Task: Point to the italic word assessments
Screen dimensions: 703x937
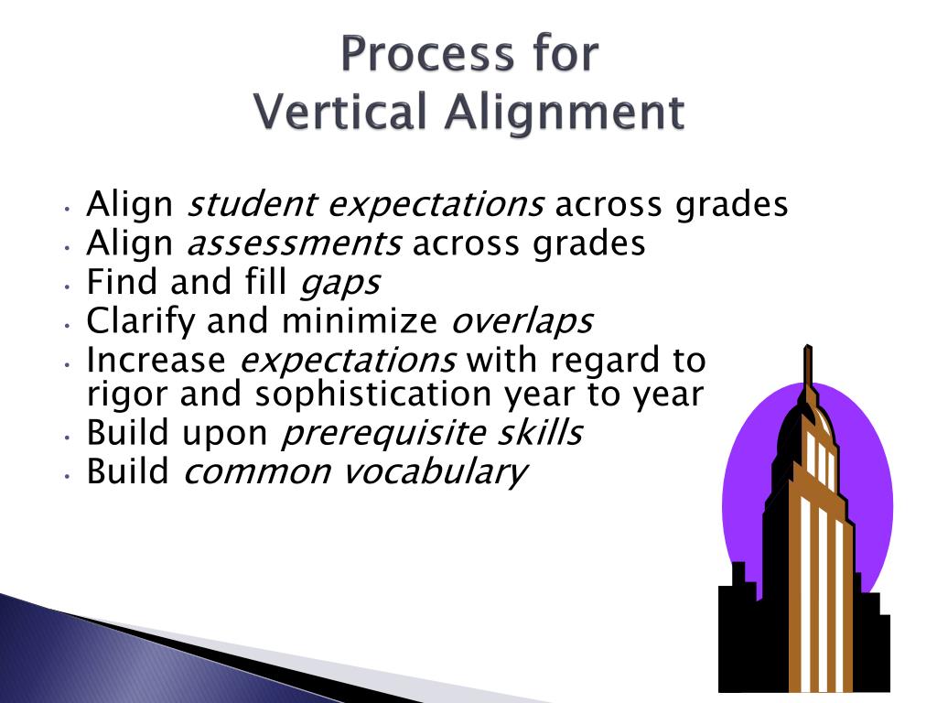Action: pos(294,243)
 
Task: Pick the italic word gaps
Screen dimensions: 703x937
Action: pos(339,283)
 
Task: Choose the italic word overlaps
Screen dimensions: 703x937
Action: pos(522,321)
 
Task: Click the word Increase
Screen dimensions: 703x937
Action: pos(156,361)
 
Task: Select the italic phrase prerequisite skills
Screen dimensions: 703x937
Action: pos(430,433)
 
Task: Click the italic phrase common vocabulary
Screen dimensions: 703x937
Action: pos(355,471)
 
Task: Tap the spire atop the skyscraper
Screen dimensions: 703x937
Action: pos(808,366)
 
